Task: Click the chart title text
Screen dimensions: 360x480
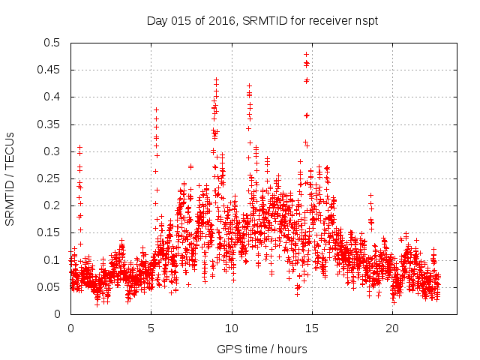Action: [262, 21]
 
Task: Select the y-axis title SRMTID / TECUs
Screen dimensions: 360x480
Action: [10, 178]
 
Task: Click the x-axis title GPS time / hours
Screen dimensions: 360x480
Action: [262, 349]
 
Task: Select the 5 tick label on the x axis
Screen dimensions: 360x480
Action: [151, 328]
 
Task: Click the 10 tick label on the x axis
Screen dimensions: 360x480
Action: [232, 328]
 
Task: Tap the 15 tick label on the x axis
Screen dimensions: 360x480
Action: [312, 328]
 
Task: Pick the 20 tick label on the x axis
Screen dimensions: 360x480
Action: [392, 328]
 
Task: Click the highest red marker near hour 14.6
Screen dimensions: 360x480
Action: [306, 54]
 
